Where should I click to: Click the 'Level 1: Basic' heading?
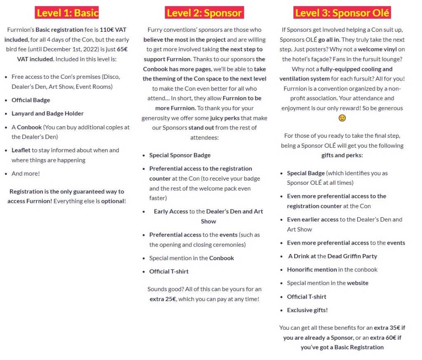68,12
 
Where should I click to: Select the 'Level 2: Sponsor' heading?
204,12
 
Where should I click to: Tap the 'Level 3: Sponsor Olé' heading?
342,12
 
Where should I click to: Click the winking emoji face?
342,118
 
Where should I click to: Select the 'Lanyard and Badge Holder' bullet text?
47,113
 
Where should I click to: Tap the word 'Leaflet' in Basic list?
21,150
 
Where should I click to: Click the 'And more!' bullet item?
26,174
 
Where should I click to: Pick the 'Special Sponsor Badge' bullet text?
180,155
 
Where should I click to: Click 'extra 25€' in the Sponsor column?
163,299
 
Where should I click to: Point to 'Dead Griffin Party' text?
352,256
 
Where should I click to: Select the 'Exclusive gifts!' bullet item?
307,310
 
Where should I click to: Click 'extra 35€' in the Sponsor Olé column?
389,328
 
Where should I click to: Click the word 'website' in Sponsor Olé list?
357,283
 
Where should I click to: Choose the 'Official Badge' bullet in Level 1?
30,100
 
